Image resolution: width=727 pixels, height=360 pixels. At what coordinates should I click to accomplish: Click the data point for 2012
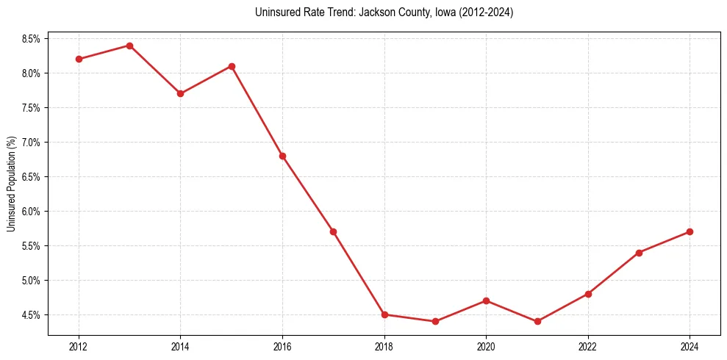click(79, 59)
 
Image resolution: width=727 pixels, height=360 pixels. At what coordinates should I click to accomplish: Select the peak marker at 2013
click(129, 46)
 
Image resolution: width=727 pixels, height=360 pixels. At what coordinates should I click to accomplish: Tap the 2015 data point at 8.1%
click(232, 66)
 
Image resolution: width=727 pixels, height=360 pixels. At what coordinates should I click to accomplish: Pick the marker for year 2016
click(282, 156)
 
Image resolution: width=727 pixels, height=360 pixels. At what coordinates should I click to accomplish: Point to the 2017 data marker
click(333, 231)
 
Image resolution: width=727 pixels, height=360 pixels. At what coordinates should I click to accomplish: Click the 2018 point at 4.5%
click(384, 314)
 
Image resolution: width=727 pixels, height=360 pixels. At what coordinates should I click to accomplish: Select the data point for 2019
click(435, 321)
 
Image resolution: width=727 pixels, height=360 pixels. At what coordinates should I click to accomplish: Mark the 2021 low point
click(537, 321)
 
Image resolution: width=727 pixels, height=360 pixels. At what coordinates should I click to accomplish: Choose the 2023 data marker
click(639, 253)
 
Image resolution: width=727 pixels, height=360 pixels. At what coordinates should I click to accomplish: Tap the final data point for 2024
click(690, 231)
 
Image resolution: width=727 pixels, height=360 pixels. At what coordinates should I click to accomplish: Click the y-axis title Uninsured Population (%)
click(11, 183)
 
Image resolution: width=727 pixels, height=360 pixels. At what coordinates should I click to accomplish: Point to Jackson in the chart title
click(376, 12)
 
